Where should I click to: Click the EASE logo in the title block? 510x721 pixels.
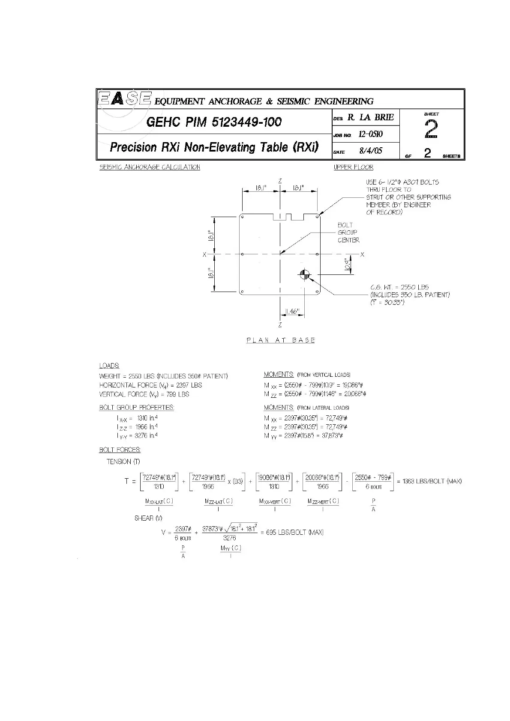(x=124, y=99)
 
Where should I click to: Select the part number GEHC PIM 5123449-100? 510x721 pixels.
(x=214, y=122)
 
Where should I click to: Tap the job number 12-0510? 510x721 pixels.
(x=371, y=134)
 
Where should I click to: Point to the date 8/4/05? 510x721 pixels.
(x=371, y=151)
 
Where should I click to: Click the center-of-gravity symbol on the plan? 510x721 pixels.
(x=305, y=275)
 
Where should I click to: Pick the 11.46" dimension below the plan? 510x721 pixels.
(x=292, y=312)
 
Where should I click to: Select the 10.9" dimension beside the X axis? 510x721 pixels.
(x=348, y=264)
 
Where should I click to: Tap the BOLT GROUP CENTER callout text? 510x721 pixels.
(x=348, y=232)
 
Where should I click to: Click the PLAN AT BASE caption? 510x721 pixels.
(x=281, y=340)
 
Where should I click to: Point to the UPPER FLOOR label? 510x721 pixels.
(x=354, y=167)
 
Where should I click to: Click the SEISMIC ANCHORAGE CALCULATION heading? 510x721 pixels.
(x=150, y=167)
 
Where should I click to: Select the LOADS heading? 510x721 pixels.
(x=109, y=366)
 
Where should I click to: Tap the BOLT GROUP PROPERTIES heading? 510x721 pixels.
(x=137, y=408)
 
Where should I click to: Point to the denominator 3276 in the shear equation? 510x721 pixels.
(x=229, y=538)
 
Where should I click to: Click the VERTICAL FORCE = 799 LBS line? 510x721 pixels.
(x=144, y=394)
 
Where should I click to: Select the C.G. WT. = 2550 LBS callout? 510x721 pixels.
(x=399, y=287)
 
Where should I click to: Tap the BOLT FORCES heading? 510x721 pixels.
(x=120, y=450)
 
